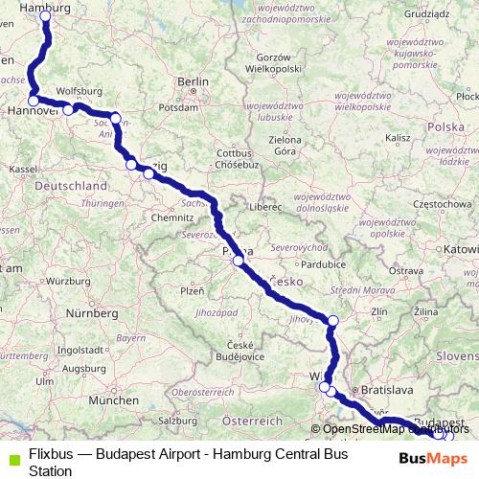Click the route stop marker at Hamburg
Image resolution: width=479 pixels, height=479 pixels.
(45, 16)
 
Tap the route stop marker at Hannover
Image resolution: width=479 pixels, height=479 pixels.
(34, 100)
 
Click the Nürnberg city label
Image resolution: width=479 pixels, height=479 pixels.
(90, 312)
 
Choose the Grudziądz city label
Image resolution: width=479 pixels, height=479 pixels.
(426, 14)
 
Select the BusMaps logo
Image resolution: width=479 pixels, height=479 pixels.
(434, 458)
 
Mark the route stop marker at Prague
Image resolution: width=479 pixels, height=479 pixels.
(238, 260)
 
